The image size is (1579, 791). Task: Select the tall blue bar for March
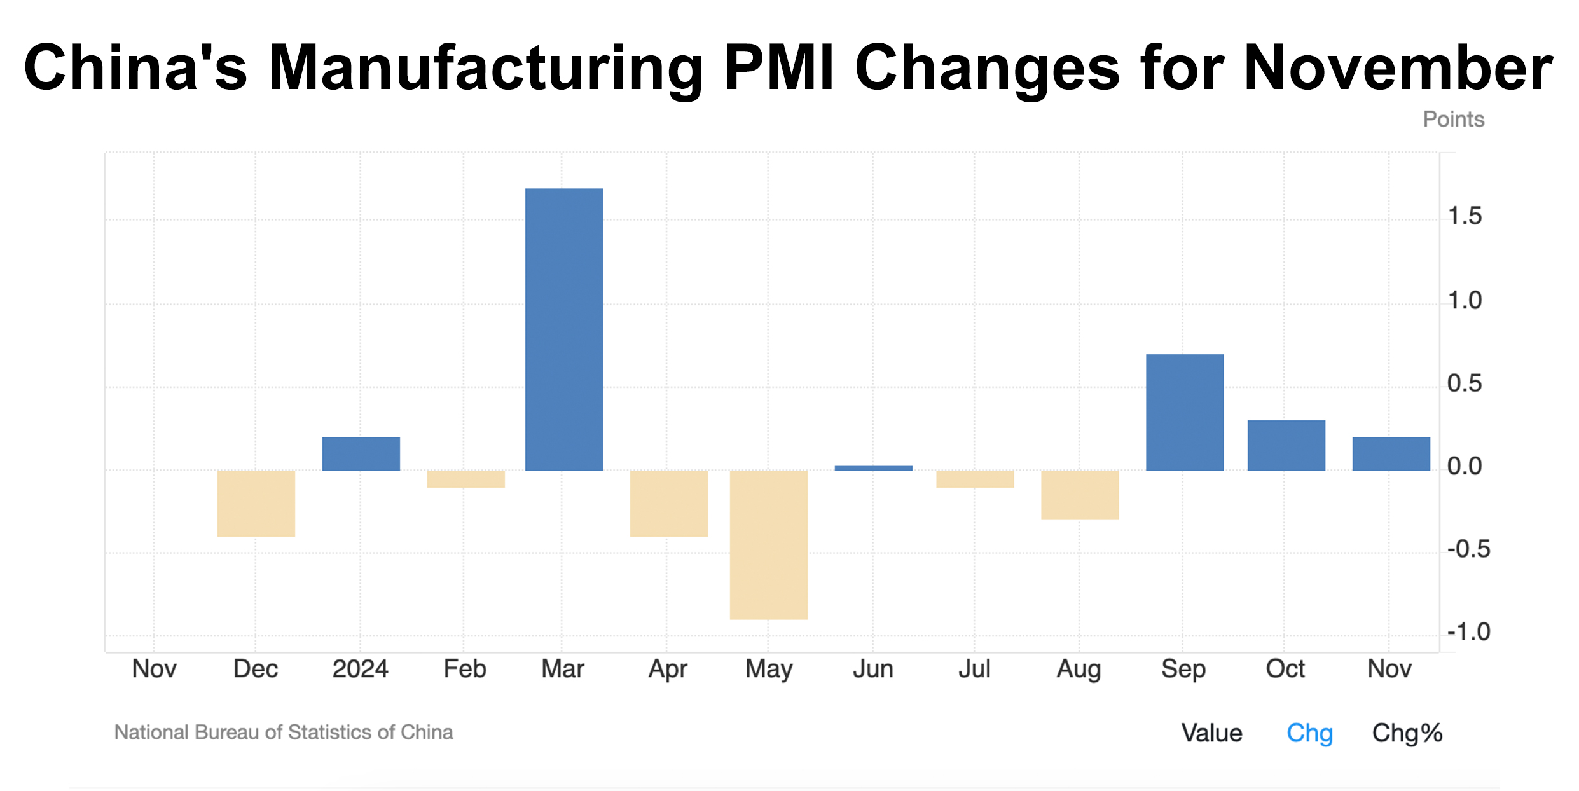tap(563, 329)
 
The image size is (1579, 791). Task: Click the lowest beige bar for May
tap(768, 545)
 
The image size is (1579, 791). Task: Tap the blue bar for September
tap(1184, 412)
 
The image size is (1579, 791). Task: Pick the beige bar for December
tap(256, 504)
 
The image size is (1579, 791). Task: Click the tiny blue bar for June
tap(873, 468)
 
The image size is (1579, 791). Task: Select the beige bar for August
tap(1079, 495)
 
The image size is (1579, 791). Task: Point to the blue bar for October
tap(1286, 445)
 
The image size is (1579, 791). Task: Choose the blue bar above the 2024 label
tap(361, 453)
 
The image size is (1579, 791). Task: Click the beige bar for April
tap(668, 504)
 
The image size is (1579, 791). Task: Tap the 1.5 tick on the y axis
tap(1464, 217)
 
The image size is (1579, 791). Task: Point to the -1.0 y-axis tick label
tap(1468, 632)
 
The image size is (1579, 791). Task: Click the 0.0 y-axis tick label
tap(1464, 467)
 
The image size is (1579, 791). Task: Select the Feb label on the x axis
tap(465, 669)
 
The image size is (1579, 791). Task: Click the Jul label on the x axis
tap(974, 669)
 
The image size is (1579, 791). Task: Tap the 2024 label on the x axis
tap(360, 669)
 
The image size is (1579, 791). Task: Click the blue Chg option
tap(1309, 733)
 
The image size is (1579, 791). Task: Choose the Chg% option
tap(1407, 733)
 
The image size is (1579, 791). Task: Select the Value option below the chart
tap(1211, 733)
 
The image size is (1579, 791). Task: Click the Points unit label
tap(1453, 120)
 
